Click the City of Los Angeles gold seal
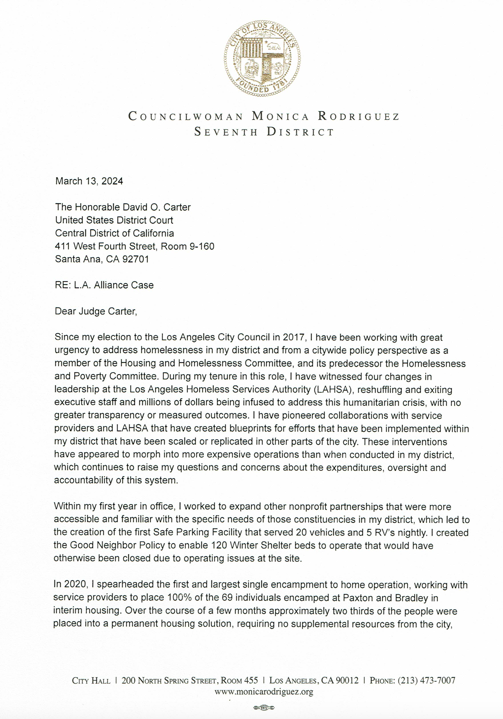tap(262, 58)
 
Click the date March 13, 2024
tap(89, 181)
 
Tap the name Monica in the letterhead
tap(280, 116)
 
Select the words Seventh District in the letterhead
tap(264, 132)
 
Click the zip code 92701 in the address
tap(136, 259)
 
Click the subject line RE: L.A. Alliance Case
tap(104, 285)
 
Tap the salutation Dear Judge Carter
tap(96, 311)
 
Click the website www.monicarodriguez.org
tap(264, 692)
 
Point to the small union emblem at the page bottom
tap(264, 708)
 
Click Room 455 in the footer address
tap(239, 680)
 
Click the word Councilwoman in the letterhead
tap(186, 116)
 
